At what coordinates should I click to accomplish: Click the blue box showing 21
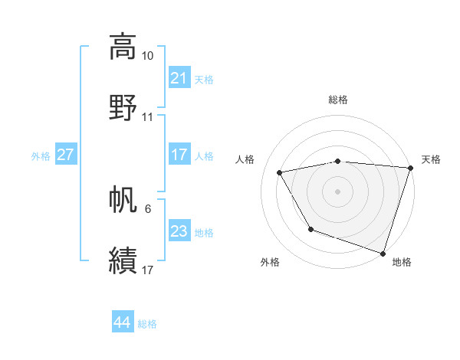179,78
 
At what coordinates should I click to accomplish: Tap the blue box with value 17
179,155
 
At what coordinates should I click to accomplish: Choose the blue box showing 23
179,231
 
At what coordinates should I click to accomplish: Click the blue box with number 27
65,155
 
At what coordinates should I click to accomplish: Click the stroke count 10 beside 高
148,56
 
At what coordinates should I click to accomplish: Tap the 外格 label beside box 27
41,155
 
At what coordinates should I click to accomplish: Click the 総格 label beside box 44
147,324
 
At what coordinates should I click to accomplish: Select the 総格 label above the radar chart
338,100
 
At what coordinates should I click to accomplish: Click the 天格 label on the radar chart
431,159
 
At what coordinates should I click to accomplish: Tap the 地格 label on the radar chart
402,262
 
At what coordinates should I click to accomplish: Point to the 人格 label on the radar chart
245,159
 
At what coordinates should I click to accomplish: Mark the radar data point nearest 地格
382,252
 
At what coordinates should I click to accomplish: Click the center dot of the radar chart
338,191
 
